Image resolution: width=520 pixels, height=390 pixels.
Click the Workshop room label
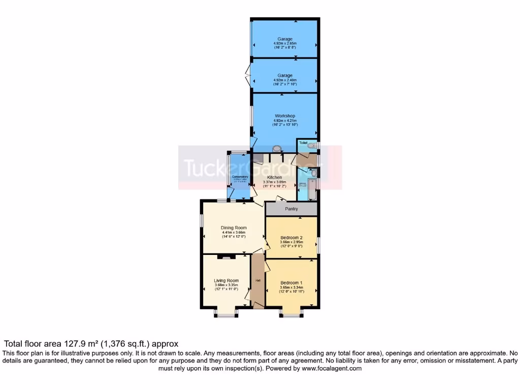285,116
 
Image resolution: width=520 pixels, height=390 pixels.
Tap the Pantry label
291,209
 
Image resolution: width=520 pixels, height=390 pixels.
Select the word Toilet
303,144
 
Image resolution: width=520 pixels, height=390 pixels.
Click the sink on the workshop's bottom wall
277,148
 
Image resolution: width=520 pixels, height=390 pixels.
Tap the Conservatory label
240,176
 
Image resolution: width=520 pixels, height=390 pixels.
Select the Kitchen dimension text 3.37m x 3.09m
275,182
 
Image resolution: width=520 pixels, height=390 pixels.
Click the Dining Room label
234,227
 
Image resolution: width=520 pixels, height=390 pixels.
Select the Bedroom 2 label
291,237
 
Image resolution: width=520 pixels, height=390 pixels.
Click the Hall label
258,280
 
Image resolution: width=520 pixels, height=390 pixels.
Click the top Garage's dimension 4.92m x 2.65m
285,44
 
